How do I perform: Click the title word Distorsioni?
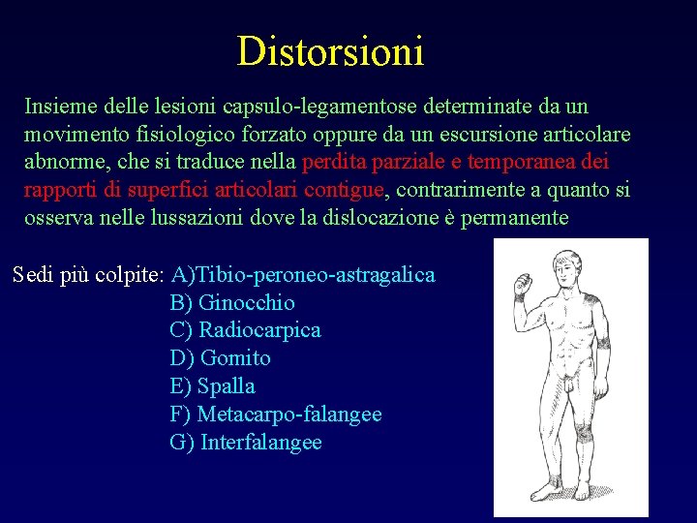coord(330,50)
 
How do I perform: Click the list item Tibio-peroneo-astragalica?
coord(303,274)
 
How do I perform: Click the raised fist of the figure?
coord(522,284)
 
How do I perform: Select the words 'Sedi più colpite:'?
coord(88,274)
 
